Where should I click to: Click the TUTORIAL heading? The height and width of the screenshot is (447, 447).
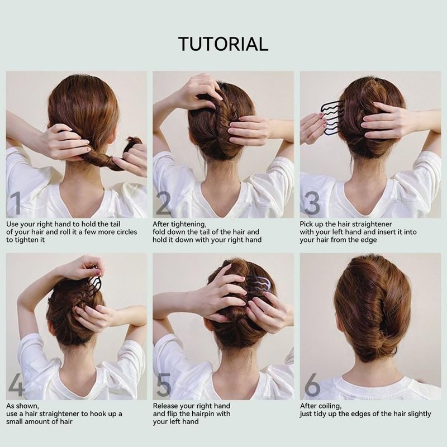(x=223, y=44)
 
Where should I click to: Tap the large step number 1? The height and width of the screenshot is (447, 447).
(x=16, y=203)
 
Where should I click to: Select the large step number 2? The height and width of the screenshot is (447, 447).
(x=163, y=203)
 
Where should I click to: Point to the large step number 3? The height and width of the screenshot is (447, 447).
(x=312, y=203)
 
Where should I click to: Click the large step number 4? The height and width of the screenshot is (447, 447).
(x=17, y=385)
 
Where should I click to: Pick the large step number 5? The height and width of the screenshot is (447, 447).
(x=164, y=385)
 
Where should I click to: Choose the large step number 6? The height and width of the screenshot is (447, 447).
(x=312, y=385)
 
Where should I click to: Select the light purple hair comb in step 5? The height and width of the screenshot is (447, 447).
(x=258, y=287)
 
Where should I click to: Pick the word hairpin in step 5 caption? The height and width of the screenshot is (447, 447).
(x=210, y=414)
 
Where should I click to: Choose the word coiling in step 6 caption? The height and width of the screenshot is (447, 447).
(x=330, y=406)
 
